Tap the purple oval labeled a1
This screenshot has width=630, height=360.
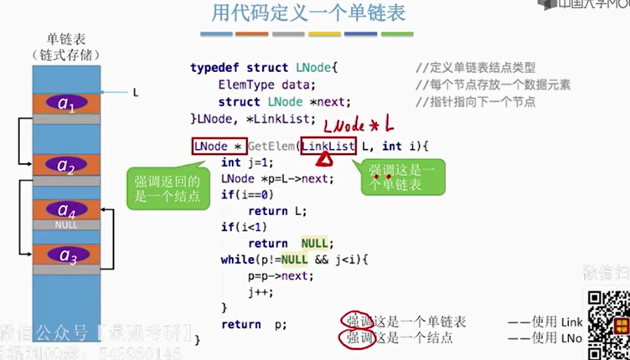click(x=65, y=104)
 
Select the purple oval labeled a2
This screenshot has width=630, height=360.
click(x=65, y=165)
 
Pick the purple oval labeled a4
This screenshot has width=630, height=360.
click(x=65, y=209)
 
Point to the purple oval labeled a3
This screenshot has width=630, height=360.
click(x=65, y=255)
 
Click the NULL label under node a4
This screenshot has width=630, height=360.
click(x=65, y=224)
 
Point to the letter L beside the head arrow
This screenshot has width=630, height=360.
click(x=135, y=92)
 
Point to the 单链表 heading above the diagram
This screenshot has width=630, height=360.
click(x=65, y=39)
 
